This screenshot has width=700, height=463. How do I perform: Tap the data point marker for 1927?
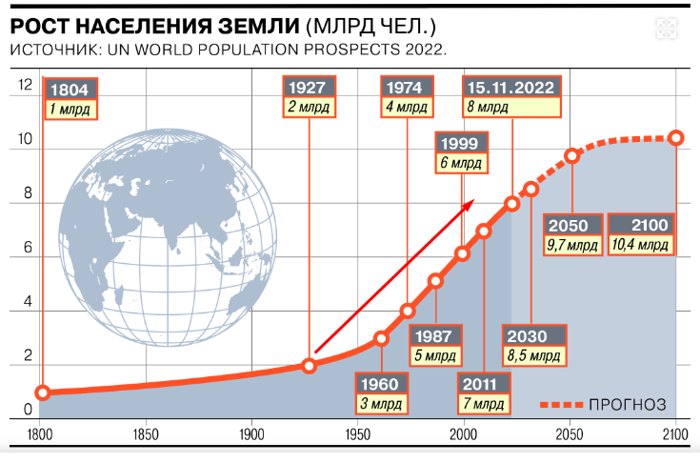[310, 366]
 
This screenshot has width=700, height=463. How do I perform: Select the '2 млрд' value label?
[309, 108]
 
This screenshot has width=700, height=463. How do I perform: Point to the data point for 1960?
[381, 338]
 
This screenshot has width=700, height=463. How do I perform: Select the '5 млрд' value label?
[437, 358]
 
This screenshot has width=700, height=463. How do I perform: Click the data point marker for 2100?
[676, 138]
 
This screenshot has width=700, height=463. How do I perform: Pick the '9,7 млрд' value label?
[573, 246]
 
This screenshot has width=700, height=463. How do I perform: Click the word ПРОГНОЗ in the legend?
[628, 405]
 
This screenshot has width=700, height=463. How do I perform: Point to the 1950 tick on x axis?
[358, 433]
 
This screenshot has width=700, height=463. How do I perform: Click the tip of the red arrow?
[473, 203]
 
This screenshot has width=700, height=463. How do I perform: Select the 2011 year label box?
[484, 386]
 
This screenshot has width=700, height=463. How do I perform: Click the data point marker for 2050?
[572, 155]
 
